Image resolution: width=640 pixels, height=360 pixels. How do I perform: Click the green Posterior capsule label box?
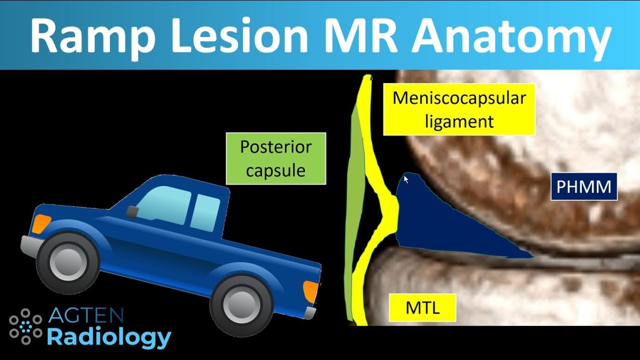coord(275,158)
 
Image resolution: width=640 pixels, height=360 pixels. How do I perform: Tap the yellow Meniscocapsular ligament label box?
coord(459,109)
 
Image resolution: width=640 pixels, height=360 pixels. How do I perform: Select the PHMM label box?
coord(584,187)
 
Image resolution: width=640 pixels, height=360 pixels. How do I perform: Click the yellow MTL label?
coord(422,307)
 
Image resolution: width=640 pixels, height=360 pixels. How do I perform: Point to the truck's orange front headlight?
coord(41,223)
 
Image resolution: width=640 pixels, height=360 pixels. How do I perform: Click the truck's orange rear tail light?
coord(310,291)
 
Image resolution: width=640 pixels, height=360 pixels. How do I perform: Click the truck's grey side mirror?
coord(131,212)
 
